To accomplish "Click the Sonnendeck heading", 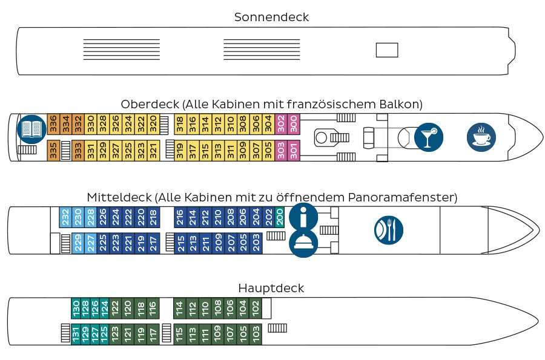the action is [271, 17].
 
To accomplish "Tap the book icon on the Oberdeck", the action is [31, 129].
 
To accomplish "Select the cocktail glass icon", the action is [429, 137].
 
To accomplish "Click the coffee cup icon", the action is [481, 137].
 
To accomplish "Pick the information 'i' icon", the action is [303, 217].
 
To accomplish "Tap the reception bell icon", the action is [303, 243].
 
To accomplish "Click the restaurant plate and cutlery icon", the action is [389, 230].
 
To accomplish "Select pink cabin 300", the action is [294, 124].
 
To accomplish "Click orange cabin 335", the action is [53, 150].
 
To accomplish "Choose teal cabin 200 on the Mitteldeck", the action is [279, 217].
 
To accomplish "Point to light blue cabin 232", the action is [65, 217].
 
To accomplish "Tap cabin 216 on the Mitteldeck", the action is [180, 217].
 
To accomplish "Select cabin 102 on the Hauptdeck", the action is [256, 308].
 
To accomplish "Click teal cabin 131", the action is [76, 334].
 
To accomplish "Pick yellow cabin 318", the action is [180, 124].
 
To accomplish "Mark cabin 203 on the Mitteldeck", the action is [256, 243].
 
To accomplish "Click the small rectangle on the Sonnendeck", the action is [387, 50].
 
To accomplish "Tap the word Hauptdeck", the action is [271, 288].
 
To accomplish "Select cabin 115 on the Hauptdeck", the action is [179, 334].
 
